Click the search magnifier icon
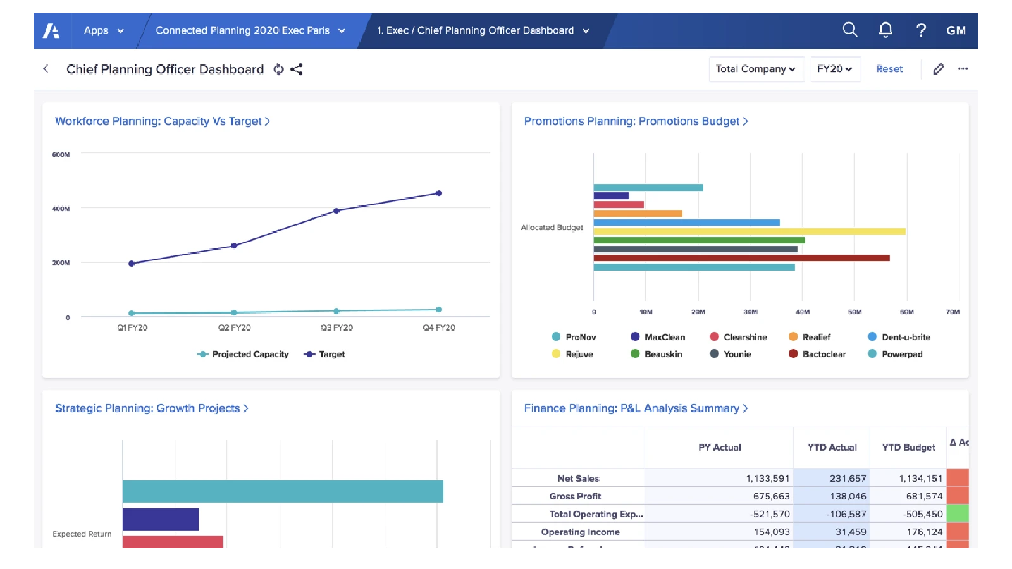[x=849, y=30]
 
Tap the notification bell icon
[x=885, y=30]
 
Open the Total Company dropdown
[x=756, y=69]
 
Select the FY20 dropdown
[x=835, y=69]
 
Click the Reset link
[x=889, y=69]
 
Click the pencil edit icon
[x=938, y=69]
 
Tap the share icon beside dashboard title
[x=297, y=70]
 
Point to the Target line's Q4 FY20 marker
[x=439, y=193]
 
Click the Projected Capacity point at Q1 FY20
[x=132, y=313]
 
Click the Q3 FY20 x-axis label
[x=336, y=327]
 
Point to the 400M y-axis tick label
[x=61, y=209]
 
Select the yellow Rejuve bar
[x=749, y=231]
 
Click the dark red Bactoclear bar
[x=741, y=258]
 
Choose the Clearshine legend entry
[x=744, y=337]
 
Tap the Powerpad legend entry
[x=901, y=354]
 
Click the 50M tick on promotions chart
[x=855, y=312]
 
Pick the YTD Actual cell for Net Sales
[x=831, y=479]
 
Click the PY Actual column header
[x=719, y=448]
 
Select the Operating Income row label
[x=580, y=532]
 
